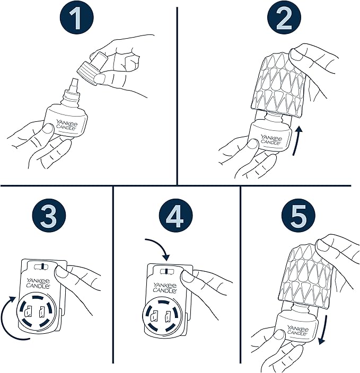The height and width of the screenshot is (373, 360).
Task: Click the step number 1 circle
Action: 76,19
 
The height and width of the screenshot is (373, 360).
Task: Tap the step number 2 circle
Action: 284,19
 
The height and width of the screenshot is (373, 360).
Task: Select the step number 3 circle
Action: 49,216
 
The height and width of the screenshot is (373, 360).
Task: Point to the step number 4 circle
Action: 175,216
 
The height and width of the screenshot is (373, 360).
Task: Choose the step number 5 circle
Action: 298,216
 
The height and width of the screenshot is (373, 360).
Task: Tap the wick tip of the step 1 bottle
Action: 74,82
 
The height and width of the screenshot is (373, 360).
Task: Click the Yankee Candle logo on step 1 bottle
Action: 67,125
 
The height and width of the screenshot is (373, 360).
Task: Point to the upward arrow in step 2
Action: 296,141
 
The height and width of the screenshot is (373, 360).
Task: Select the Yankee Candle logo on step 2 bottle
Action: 271,140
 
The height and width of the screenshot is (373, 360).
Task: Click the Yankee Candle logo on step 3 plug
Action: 38,283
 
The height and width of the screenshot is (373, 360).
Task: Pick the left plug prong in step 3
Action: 29,311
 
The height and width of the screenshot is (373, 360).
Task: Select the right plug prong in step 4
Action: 168,316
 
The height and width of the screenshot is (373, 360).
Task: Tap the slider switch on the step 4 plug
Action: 166,271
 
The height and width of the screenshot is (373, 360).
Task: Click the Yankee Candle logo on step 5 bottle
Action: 297,330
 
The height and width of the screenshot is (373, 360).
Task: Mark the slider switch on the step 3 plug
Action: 42,267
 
